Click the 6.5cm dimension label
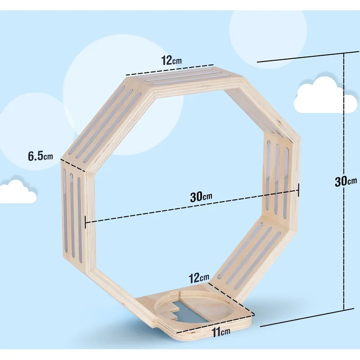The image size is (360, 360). click(x=41, y=156)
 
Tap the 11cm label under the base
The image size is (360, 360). click(x=221, y=332)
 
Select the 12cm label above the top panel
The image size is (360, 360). click(x=171, y=60)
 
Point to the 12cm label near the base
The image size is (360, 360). click(x=199, y=278)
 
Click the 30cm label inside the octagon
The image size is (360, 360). click(x=201, y=197)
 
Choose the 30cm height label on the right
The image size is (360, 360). click(x=345, y=181)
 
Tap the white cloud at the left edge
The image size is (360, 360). click(x=17, y=192)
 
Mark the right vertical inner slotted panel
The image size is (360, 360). click(x=277, y=179)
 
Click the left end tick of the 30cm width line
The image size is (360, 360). click(x=86, y=222)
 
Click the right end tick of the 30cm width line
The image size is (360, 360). click(x=298, y=190)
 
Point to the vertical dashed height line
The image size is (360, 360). click(x=344, y=181)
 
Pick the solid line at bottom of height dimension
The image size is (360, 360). click(x=307, y=318)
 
